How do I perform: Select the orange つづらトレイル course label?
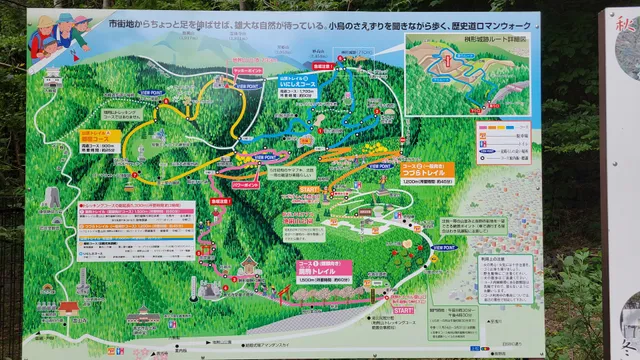click(x=426, y=172)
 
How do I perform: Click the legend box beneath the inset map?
click(x=504, y=142)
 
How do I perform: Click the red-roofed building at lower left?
click(x=68, y=310)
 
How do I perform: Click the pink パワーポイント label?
click(x=245, y=185)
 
